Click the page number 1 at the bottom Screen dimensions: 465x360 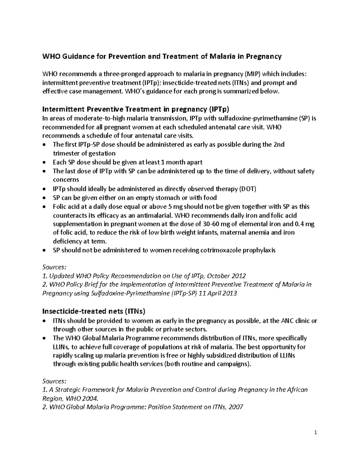[316, 432]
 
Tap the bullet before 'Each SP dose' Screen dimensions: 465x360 [45, 163]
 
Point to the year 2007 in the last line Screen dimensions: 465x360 [236, 407]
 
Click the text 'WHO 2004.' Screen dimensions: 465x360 [82, 399]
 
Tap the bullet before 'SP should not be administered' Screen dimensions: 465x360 [45, 250]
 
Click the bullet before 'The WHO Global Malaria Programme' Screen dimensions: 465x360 [45, 338]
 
